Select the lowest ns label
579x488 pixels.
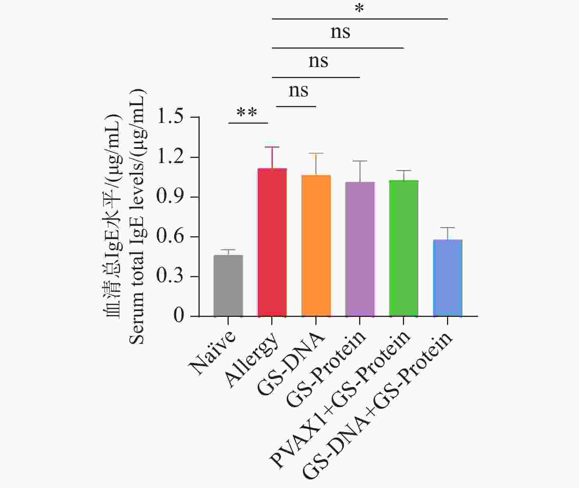(298, 91)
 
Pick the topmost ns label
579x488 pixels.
(340, 32)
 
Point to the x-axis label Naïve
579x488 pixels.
(212, 353)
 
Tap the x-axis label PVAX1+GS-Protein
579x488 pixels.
(340, 399)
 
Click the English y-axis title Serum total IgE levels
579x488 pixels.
(138, 217)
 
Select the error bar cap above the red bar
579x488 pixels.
(272, 147)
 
